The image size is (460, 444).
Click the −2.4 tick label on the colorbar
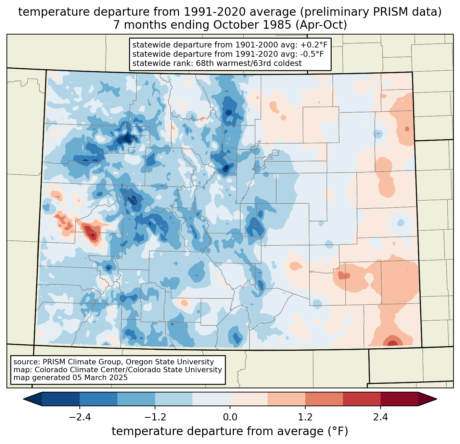tap(80, 418)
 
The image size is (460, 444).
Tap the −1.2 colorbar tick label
tap(155, 418)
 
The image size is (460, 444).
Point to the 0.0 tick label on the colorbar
tap(230, 418)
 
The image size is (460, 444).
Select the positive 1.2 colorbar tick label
tap(305, 418)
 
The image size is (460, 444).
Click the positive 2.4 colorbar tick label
tap(380, 418)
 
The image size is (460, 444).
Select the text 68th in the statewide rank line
tap(205, 63)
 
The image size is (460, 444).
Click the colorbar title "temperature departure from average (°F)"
tap(230, 431)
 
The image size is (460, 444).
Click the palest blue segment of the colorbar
tap(211, 399)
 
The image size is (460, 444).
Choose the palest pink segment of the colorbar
tap(249, 399)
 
